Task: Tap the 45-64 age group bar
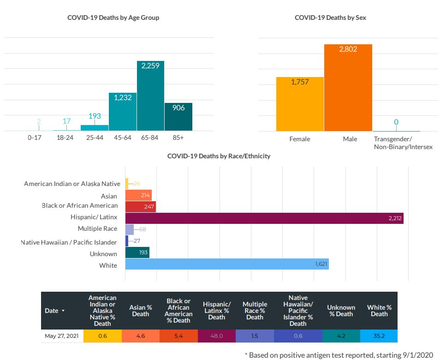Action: [x=122, y=112]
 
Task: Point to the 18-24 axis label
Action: [x=66, y=138]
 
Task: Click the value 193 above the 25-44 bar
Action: [x=95, y=116]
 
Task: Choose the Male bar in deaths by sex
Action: [x=348, y=88]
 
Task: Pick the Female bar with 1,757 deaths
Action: [x=300, y=104]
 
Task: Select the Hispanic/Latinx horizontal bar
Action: [x=264, y=218]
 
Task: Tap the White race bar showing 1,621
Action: [x=227, y=264]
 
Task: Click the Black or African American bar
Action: [x=141, y=206]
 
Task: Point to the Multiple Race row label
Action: [x=97, y=229]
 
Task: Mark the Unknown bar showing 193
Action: [x=137, y=252]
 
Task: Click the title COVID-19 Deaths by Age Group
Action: [x=113, y=18]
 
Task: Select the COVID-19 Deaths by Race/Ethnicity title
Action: [x=219, y=156]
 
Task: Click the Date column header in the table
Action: [x=54, y=311]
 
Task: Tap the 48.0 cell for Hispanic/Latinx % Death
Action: [x=216, y=336]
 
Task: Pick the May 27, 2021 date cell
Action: [x=62, y=336]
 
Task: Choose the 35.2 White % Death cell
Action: [x=379, y=336]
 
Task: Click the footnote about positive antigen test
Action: [x=339, y=355]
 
